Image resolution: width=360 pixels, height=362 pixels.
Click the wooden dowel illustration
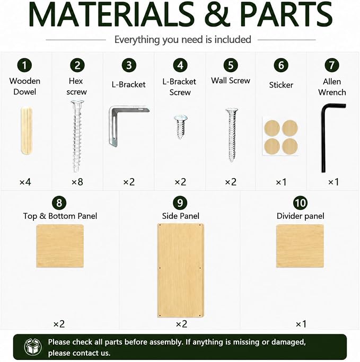click(x=27, y=131)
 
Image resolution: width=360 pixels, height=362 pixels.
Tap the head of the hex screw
click(x=77, y=103)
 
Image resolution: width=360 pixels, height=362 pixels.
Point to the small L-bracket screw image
click(x=181, y=127)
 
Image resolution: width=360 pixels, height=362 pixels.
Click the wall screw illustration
click(x=232, y=135)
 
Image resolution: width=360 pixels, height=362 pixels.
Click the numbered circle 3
click(x=129, y=65)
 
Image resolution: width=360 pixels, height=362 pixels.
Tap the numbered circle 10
click(x=300, y=203)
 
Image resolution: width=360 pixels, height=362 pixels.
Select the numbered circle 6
click(x=281, y=65)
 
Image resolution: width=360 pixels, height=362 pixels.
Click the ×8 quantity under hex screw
click(x=77, y=182)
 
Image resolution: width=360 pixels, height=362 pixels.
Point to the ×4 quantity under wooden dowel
click(x=25, y=182)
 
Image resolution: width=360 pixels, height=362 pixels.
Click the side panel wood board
click(x=181, y=270)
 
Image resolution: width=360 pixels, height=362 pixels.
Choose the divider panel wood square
click(x=300, y=246)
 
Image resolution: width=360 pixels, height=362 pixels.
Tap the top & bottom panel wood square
click(x=60, y=246)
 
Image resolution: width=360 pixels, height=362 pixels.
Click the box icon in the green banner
click(x=33, y=347)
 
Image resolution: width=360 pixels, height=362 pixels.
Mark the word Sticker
click(x=281, y=85)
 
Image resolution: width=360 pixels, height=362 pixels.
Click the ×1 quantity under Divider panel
click(x=301, y=324)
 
